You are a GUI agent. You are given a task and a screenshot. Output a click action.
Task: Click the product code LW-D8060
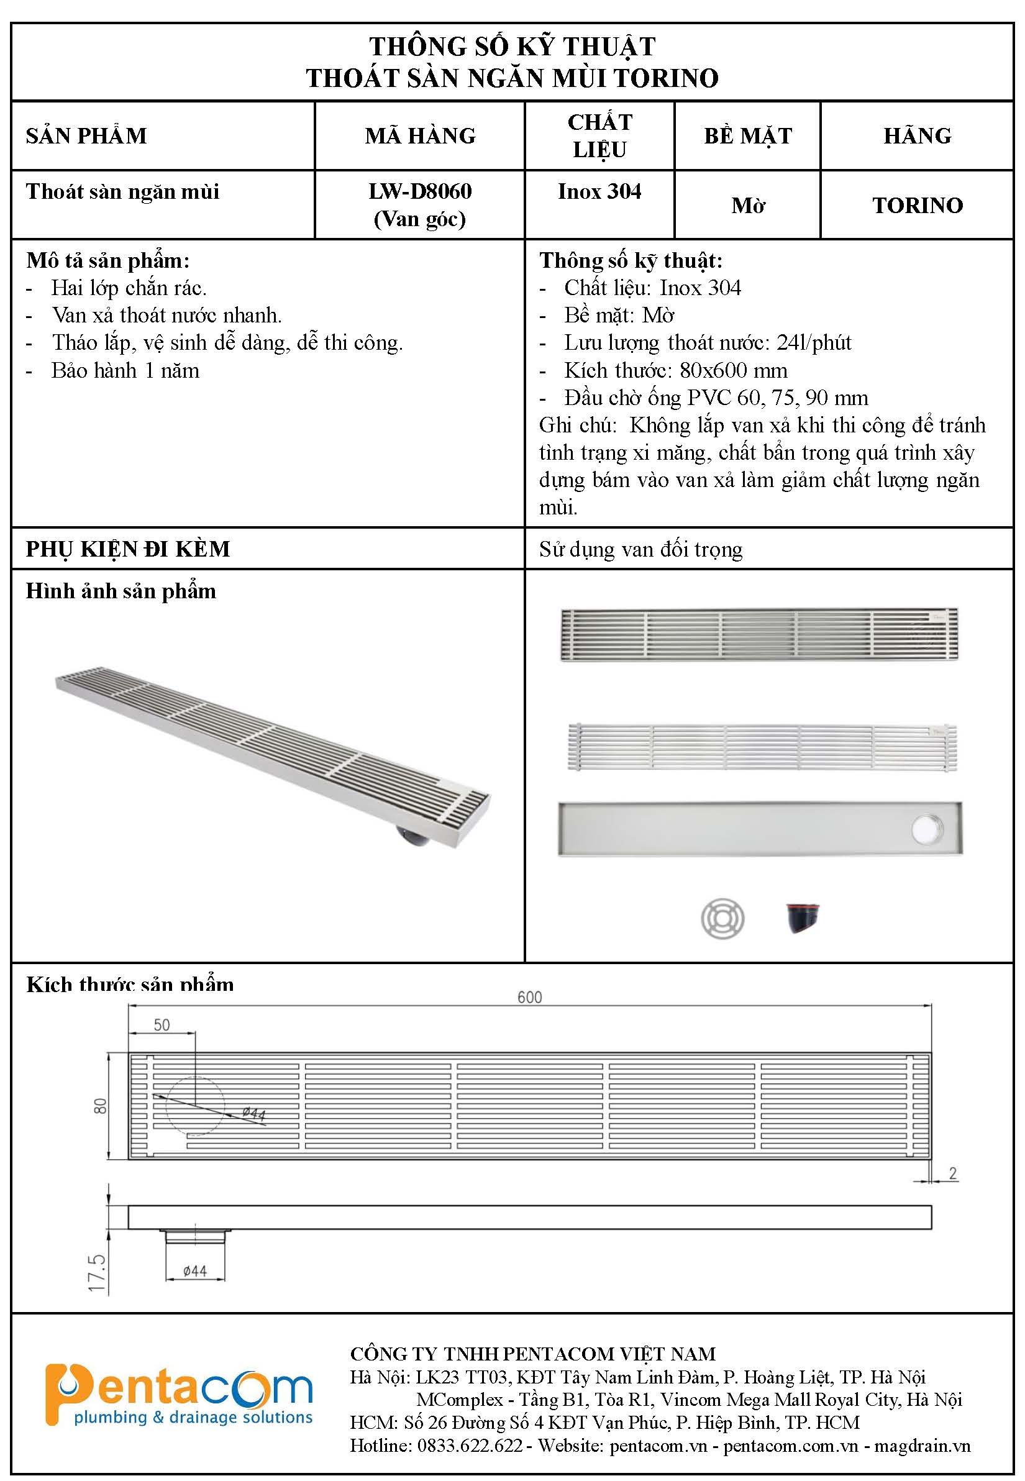pos(420,191)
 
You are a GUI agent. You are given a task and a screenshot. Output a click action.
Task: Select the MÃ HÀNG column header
pos(420,136)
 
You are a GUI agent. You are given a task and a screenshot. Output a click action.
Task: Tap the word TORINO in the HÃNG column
pos(917,206)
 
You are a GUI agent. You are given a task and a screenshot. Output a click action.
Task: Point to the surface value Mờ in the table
pos(747,206)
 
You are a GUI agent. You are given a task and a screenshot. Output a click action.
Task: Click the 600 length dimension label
pos(530,998)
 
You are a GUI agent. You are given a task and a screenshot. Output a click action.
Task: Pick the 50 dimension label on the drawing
pos(162,1025)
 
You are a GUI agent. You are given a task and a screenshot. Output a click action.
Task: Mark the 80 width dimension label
pos(101,1105)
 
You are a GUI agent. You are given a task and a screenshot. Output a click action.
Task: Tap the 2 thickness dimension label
pos(953,1173)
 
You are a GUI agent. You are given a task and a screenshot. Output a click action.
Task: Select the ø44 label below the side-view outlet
pos(194,1271)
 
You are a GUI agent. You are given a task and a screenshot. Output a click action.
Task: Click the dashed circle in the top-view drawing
pos(194,1105)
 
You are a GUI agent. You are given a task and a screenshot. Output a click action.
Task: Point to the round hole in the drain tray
pos(927,829)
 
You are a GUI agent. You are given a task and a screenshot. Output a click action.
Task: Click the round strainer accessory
pos(722,918)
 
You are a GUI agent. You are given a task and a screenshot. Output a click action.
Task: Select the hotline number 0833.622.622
pos(470,1446)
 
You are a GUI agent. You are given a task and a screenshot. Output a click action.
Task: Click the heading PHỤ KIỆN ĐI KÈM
pos(128,549)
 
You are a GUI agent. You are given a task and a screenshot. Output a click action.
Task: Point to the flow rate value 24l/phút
pos(814,343)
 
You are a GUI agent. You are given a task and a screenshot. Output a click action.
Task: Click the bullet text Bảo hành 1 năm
pos(125,371)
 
